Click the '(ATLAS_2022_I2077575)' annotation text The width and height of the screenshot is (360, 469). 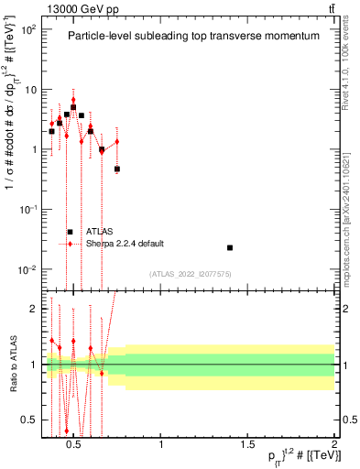[191, 273]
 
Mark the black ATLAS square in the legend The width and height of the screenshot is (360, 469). [70, 232]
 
